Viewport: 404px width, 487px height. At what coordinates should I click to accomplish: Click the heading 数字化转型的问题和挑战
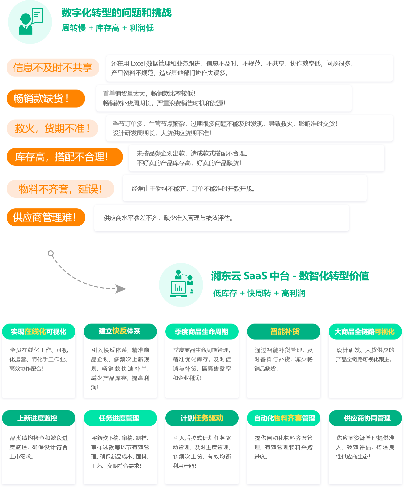pyautogui.click(x=117, y=13)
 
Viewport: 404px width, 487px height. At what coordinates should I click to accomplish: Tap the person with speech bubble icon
pyautogui.click(x=31, y=21)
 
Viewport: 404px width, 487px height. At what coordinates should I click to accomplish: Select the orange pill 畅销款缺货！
pyautogui.click(x=46, y=99)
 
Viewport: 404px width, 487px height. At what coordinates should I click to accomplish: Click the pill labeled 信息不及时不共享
pyautogui.click(x=53, y=67)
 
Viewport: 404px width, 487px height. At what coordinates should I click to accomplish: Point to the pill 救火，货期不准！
pyautogui.click(x=53, y=128)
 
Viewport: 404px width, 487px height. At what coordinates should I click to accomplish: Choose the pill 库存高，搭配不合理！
pyautogui.click(x=65, y=157)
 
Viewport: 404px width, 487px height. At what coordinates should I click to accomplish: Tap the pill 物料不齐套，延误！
pyautogui.click(x=60, y=189)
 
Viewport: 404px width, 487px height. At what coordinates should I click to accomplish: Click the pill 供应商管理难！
pyautogui.click(x=46, y=217)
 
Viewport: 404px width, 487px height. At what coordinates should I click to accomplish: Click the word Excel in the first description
pyautogui.click(x=138, y=64)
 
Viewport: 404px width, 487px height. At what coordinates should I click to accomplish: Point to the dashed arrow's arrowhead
pyautogui.click(x=120, y=289)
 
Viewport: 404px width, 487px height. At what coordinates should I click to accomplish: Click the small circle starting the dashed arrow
pyautogui.click(x=51, y=254)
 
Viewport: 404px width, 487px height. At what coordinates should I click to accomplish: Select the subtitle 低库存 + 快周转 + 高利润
pyautogui.click(x=259, y=293)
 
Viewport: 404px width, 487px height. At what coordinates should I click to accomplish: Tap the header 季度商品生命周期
pyautogui.click(x=202, y=332)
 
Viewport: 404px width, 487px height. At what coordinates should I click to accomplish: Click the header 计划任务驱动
pyautogui.click(x=202, y=418)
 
